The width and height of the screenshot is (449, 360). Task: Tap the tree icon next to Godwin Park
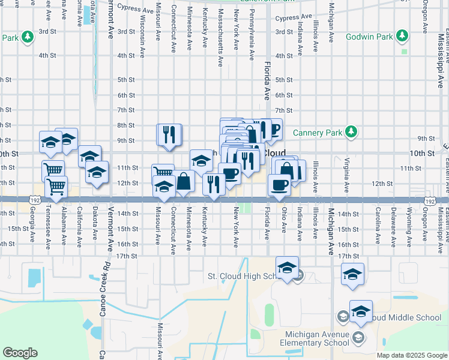(403, 37)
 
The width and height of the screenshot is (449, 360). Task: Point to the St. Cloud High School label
(243, 276)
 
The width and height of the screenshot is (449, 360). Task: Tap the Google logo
(20, 353)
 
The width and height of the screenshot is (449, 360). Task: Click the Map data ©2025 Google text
(411, 355)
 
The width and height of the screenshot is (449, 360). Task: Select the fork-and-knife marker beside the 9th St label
(169, 135)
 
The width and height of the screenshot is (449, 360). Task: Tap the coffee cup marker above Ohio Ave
(279, 185)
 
